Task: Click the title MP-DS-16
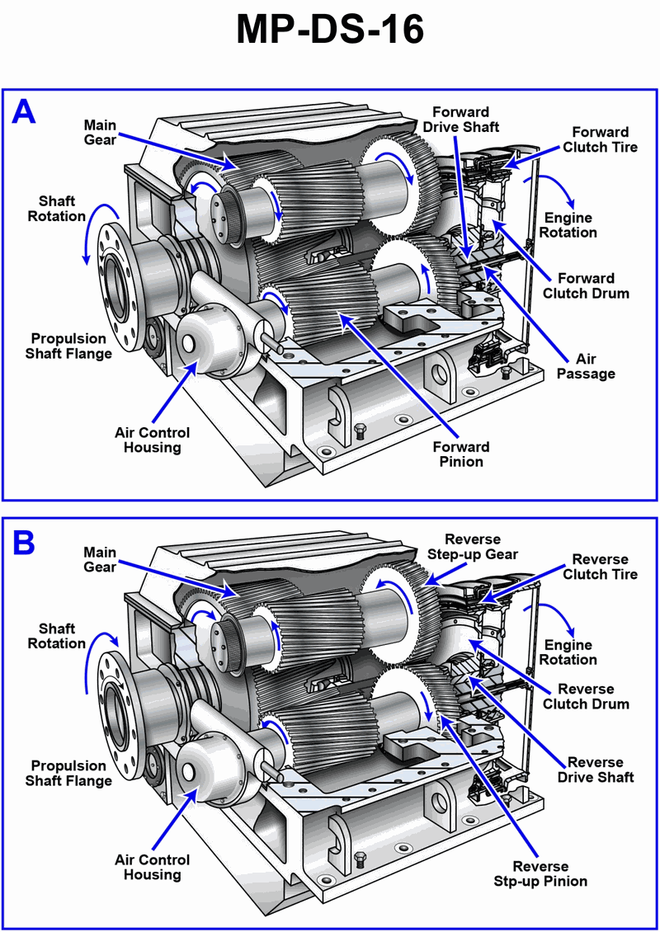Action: pyautogui.click(x=330, y=31)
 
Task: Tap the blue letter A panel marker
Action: pyautogui.click(x=24, y=111)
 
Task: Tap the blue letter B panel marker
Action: pyautogui.click(x=24, y=542)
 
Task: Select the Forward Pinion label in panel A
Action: pyautogui.click(x=461, y=454)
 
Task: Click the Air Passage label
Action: pyautogui.click(x=586, y=366)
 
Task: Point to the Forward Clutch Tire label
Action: pyautogui.click(x=601, y=139)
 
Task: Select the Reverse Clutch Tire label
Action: pyautogui.click(x=600, y=567)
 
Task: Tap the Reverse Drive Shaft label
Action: pyautogui.click(x=595, y=770)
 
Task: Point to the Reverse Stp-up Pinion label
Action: pyautogui.click(x=540, y=873)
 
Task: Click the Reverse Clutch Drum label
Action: pyautogui.click(x=587, y=696)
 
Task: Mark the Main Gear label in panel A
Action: pyautogui.click(x=101, y=133)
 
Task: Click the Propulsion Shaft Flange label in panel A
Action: pyautogui.click(x=68, y=346)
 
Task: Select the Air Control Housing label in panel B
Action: pyautogui.click(x=153, y=867)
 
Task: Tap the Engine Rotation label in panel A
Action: pyautogui.click(x=569, y=225)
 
